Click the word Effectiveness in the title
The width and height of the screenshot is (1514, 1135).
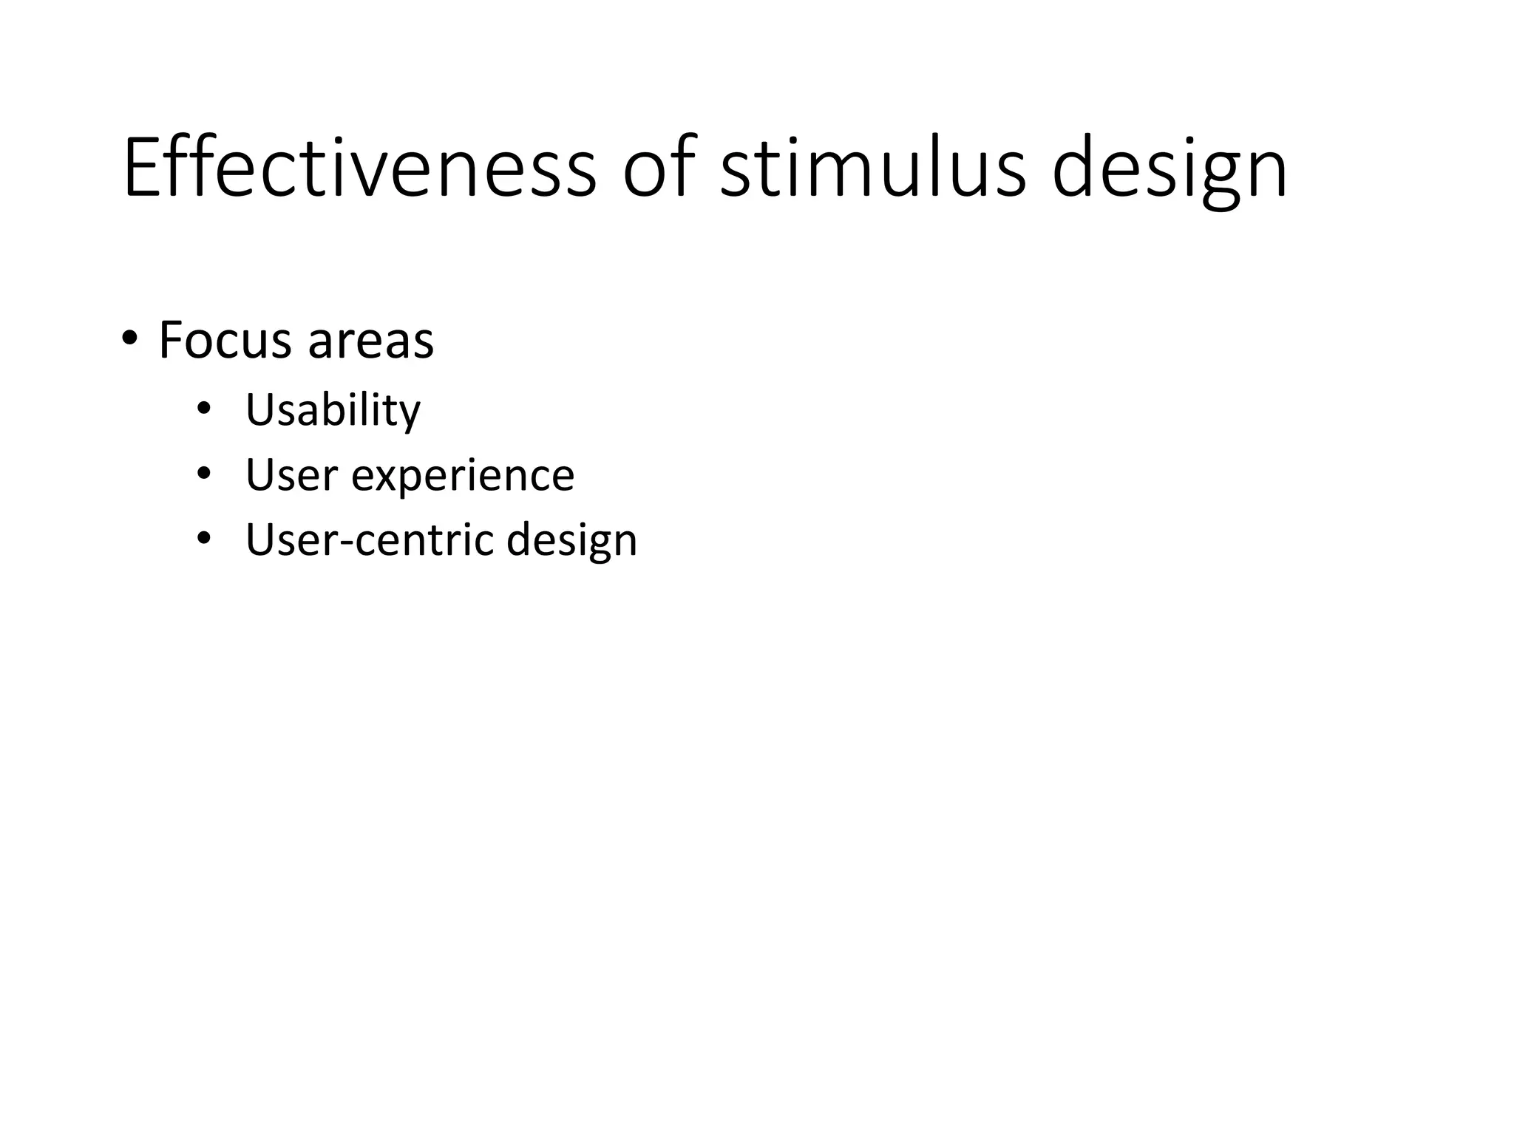coord(359,168)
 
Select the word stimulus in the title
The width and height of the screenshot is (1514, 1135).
coord(872,168)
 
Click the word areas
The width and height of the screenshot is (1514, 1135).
coord(370,342)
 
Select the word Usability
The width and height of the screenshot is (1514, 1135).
coord(333,410)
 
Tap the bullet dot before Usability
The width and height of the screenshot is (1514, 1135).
coord(204,409)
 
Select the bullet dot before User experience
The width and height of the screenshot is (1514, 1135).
coord(204,474)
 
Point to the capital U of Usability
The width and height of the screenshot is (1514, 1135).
coord(260,410)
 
